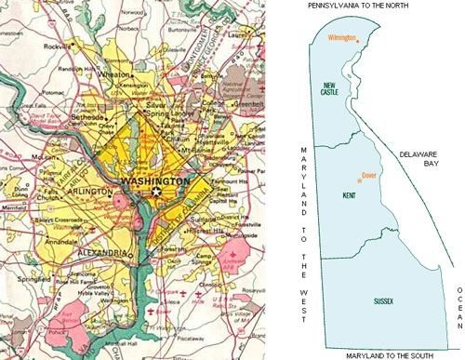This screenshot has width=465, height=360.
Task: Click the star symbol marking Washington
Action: (x=157, y=192)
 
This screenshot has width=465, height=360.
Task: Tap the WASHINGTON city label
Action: (x=155, y=181)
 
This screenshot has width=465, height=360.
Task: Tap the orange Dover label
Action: (x=368, y=174)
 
